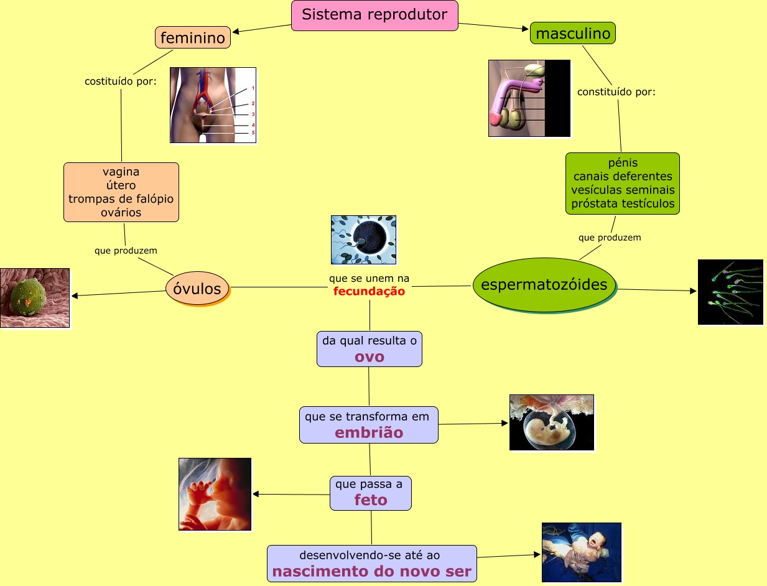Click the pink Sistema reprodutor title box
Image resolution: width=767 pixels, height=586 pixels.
point(374,16)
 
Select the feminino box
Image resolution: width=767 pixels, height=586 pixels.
point(193,37)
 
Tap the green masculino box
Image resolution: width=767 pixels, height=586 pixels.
point(573,33)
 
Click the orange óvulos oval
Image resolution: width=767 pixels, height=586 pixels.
point(197,289)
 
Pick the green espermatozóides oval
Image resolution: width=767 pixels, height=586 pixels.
point(544,284)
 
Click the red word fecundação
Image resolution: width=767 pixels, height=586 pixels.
point(369,291)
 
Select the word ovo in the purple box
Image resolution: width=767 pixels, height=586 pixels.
point(370,357)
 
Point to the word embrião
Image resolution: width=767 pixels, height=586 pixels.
point(369,432)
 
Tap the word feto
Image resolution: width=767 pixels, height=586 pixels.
point(371,500)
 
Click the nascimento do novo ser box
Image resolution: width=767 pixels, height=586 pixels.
point(372,563)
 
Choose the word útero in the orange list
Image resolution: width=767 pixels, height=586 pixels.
point(121,185)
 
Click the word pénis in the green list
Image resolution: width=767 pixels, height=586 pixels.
point(623,163)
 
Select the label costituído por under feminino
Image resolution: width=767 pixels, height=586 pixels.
point(121,81)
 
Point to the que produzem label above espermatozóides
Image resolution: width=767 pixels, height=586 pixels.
point(610,238)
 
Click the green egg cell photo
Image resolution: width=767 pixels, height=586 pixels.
point(35,298)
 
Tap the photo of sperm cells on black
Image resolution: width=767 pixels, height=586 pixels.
point(730,292)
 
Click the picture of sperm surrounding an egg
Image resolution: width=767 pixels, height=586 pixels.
point(363,240)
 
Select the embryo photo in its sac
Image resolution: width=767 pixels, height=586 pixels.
point(551,422)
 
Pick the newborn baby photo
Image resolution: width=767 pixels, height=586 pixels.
point(582,552)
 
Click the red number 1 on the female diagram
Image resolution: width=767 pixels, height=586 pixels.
point(253,88)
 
